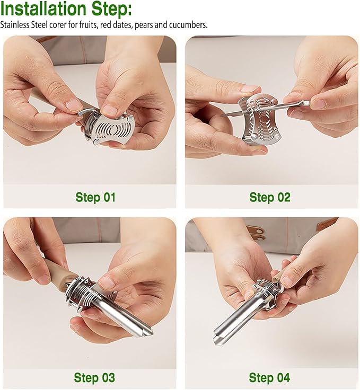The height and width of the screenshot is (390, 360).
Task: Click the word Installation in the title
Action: tap(44, 9)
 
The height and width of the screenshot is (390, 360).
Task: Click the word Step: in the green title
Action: tap(112, 10)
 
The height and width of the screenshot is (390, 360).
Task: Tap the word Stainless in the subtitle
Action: tap(15, 25)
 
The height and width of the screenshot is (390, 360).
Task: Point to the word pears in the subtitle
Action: tap(144, 25)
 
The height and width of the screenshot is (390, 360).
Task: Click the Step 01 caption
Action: tap(95, 197)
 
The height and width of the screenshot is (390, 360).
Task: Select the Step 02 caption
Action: tap(270, 197)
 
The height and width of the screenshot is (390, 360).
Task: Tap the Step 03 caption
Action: tap(94, 377)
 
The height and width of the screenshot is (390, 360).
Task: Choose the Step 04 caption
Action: tap(269, 377)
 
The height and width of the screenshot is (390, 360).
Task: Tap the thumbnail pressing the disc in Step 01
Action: tap(109, 110)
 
